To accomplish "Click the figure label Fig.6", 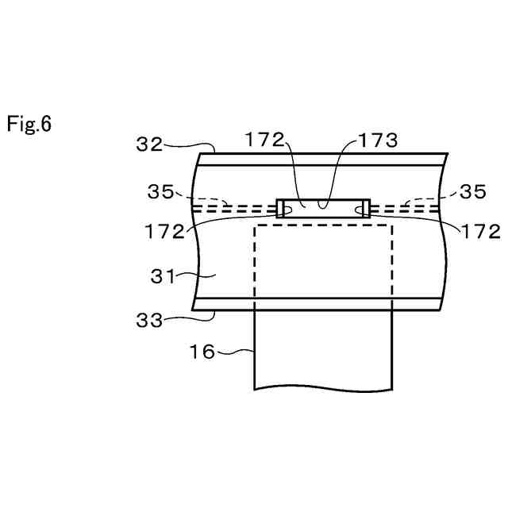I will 29,125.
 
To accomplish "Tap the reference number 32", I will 148,144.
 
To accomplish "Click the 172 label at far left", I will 165,232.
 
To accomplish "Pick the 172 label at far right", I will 481,232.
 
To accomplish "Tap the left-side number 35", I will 165,191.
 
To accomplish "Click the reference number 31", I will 165,276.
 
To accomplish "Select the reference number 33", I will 148,321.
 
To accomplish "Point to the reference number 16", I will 202,351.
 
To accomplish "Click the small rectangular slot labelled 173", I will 322,209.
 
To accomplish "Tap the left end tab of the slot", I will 281,209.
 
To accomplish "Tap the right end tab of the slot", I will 364,209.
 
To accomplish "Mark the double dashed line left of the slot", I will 235,209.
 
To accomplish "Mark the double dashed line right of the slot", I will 402,209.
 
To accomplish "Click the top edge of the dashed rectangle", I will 322,225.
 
